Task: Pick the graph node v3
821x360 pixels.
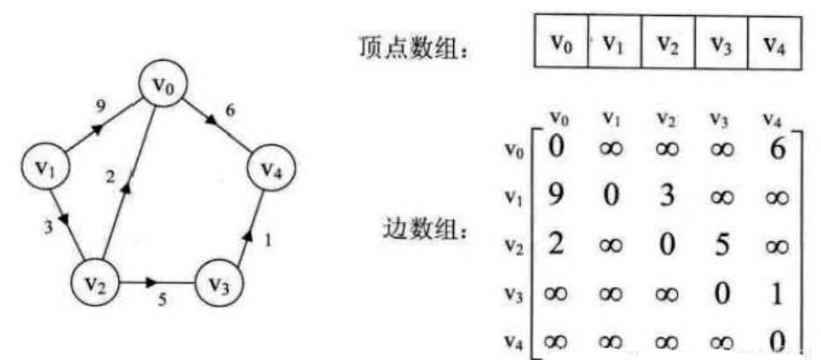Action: click(x=218, y=283)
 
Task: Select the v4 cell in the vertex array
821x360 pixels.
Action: click(x=773, y=43)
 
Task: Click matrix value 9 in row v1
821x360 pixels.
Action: click(x=554, y=195)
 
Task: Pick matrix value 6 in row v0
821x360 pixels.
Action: click(x=776, y=147)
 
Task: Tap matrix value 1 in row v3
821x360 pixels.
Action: click(x=775, y=292)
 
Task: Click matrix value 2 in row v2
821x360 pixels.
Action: click(x=554, y=244)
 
